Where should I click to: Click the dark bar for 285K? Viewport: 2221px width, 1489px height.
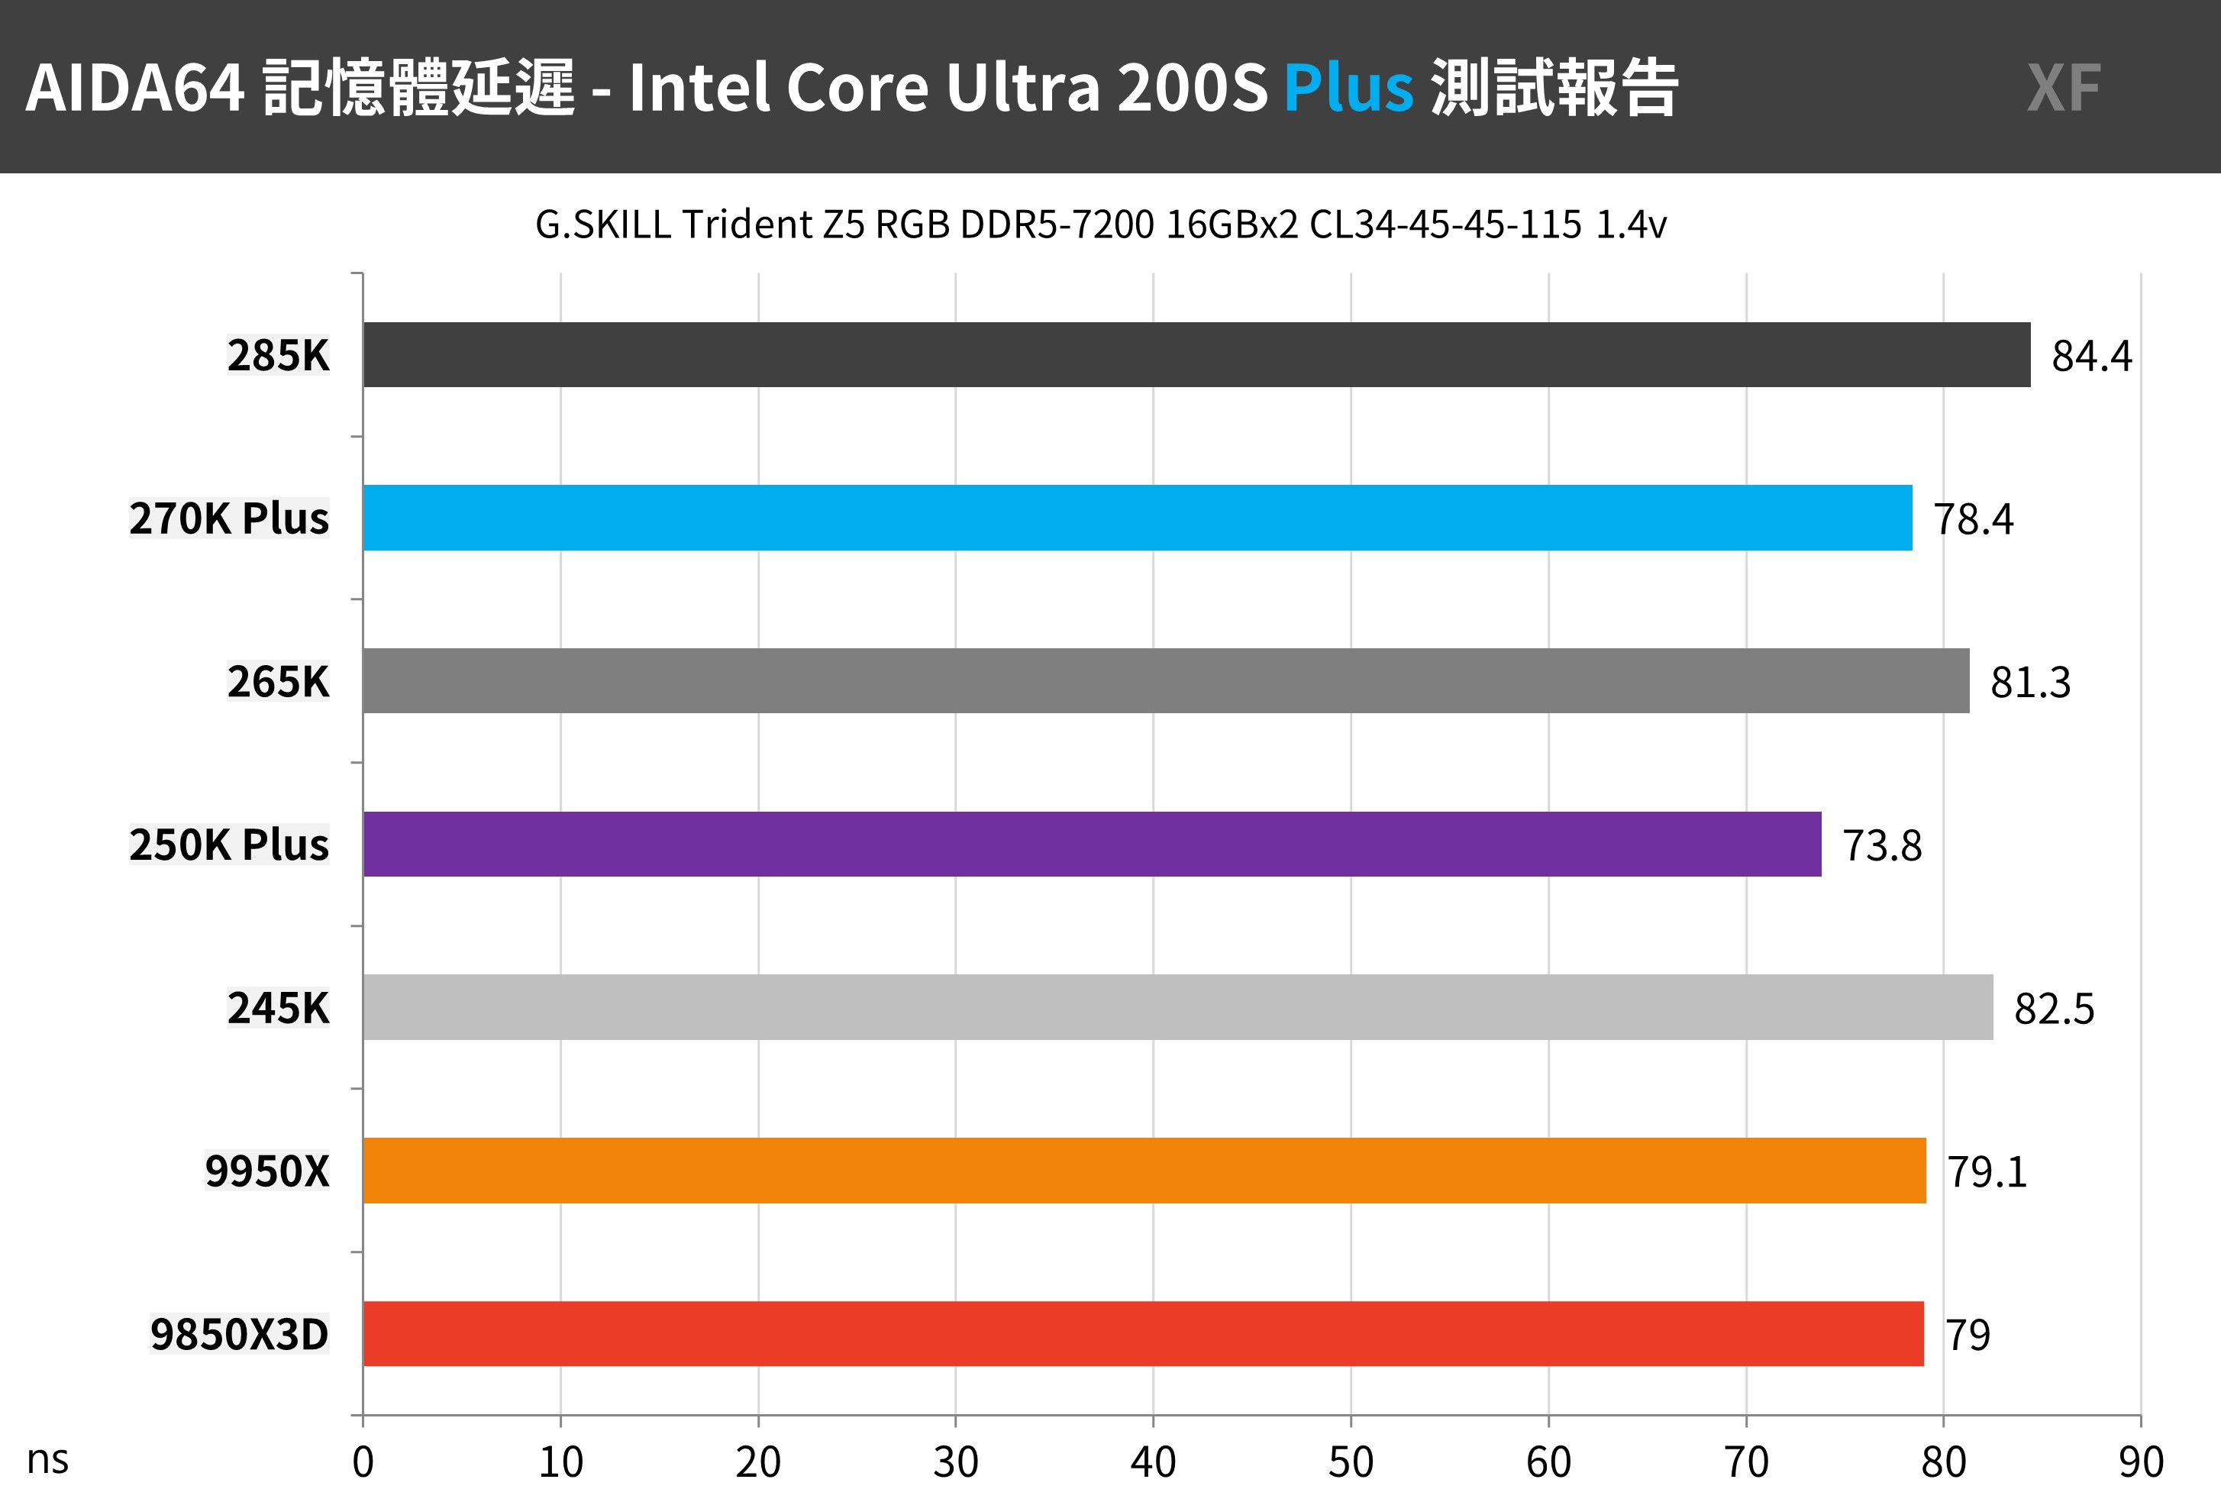click(x=1196, y=354)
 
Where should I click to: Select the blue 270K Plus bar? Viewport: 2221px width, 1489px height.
click(x=1138, y=518)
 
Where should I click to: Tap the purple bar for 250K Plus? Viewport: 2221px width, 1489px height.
click(x=1092, y=845)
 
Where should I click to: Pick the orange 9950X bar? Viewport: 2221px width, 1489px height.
click(x=1144, y=1170)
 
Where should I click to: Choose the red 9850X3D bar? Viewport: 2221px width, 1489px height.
click(x=1143, y=1333)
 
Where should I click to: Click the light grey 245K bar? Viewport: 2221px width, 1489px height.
click(x=1177, y=1006)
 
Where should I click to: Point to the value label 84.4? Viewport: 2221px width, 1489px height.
click(x=2092, y=356)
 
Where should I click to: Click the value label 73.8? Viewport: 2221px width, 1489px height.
click(x=1882, y=845)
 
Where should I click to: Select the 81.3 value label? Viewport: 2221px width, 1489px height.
click(x=2030, y=682)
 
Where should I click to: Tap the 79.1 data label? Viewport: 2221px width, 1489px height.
click(x=1987, y=1172)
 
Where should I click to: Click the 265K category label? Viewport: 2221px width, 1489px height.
click(x=278, y=682)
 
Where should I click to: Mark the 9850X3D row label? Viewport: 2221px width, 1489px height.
click(x=239, y=1334)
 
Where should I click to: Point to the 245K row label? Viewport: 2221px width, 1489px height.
click(x=278, y=1007)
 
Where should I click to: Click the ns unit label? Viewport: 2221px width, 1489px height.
click(x=47, y=1459)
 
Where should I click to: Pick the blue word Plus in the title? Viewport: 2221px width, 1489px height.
click(x=1348, y=87)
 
